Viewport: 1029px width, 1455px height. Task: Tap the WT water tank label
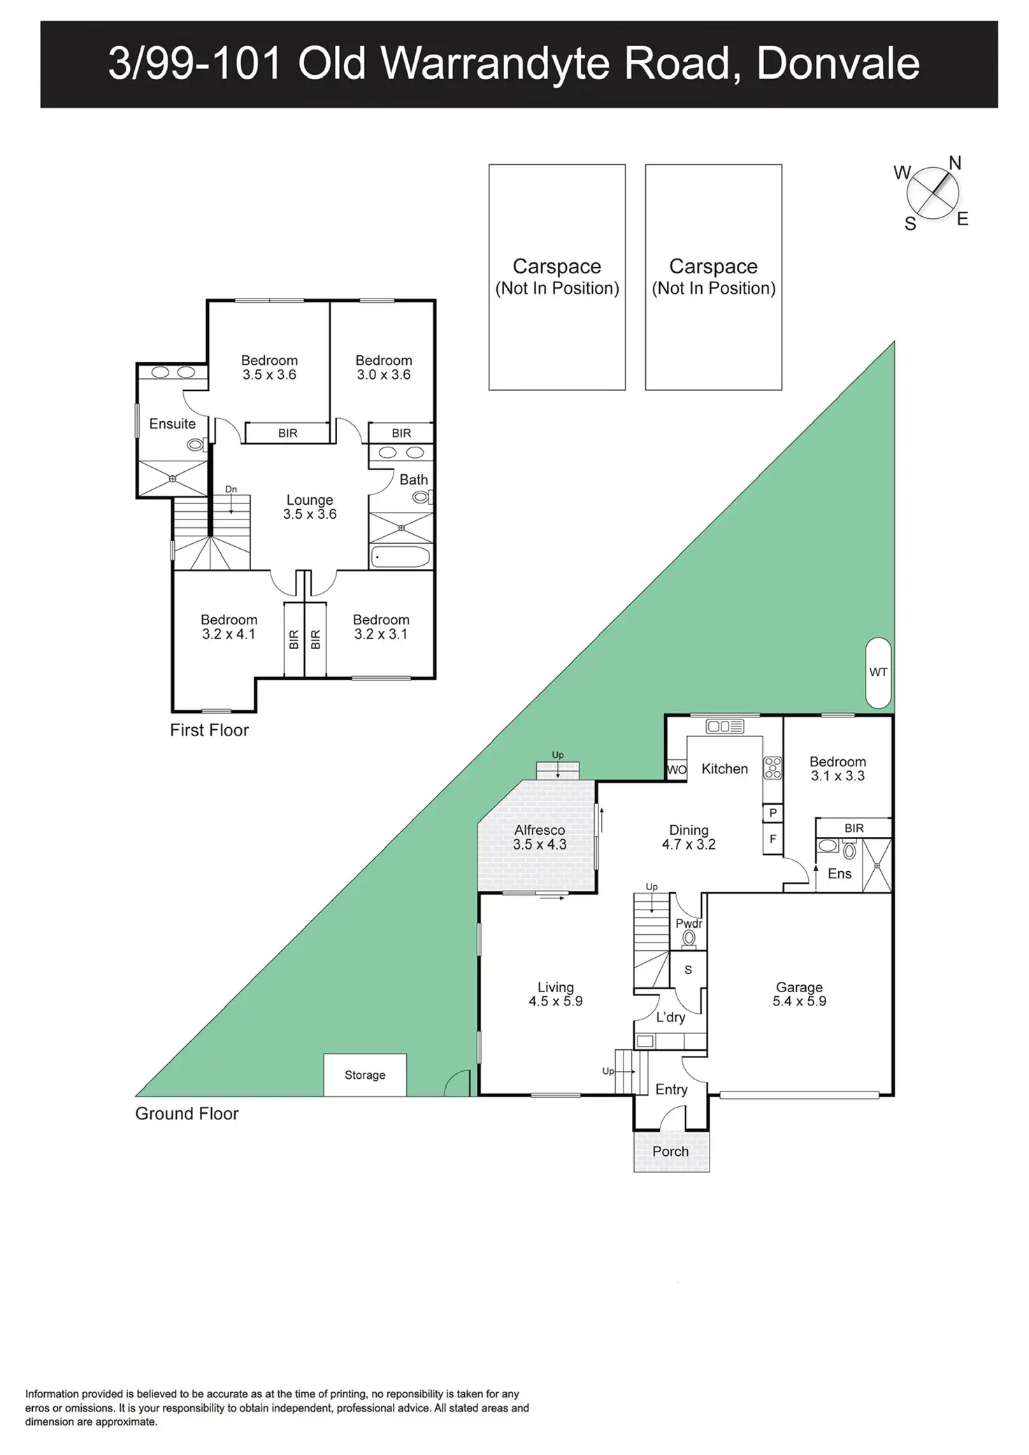878,672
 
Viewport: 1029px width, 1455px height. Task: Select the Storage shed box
365,1075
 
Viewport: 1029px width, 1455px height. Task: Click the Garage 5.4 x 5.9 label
799,994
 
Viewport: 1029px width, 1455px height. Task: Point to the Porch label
670,1151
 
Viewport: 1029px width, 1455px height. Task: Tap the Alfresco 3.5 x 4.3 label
539,837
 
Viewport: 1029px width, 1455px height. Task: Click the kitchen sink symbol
725,726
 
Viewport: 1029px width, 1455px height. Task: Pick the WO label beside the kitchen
677,770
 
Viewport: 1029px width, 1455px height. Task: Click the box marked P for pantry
772,812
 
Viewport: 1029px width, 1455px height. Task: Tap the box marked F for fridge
772,839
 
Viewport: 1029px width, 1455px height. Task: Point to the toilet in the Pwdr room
689,938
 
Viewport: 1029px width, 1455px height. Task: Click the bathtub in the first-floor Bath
401,557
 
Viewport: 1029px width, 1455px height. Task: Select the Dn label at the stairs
231,489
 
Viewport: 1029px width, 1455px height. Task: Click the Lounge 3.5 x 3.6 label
310,507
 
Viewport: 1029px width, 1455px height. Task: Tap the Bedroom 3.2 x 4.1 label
229,626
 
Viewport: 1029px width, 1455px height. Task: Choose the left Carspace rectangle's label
557,277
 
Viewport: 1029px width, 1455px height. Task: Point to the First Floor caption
209,730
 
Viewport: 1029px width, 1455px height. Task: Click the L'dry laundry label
670,1017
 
